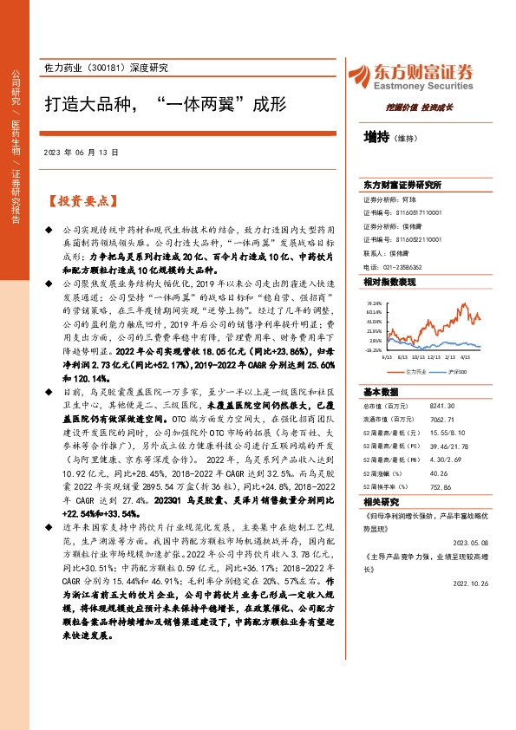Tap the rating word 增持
pyautogui.click(x=376, y=137)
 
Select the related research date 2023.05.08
pyautogui.click(x=476, y=542)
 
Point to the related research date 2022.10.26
pyautogui.click(x=476, y=583)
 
